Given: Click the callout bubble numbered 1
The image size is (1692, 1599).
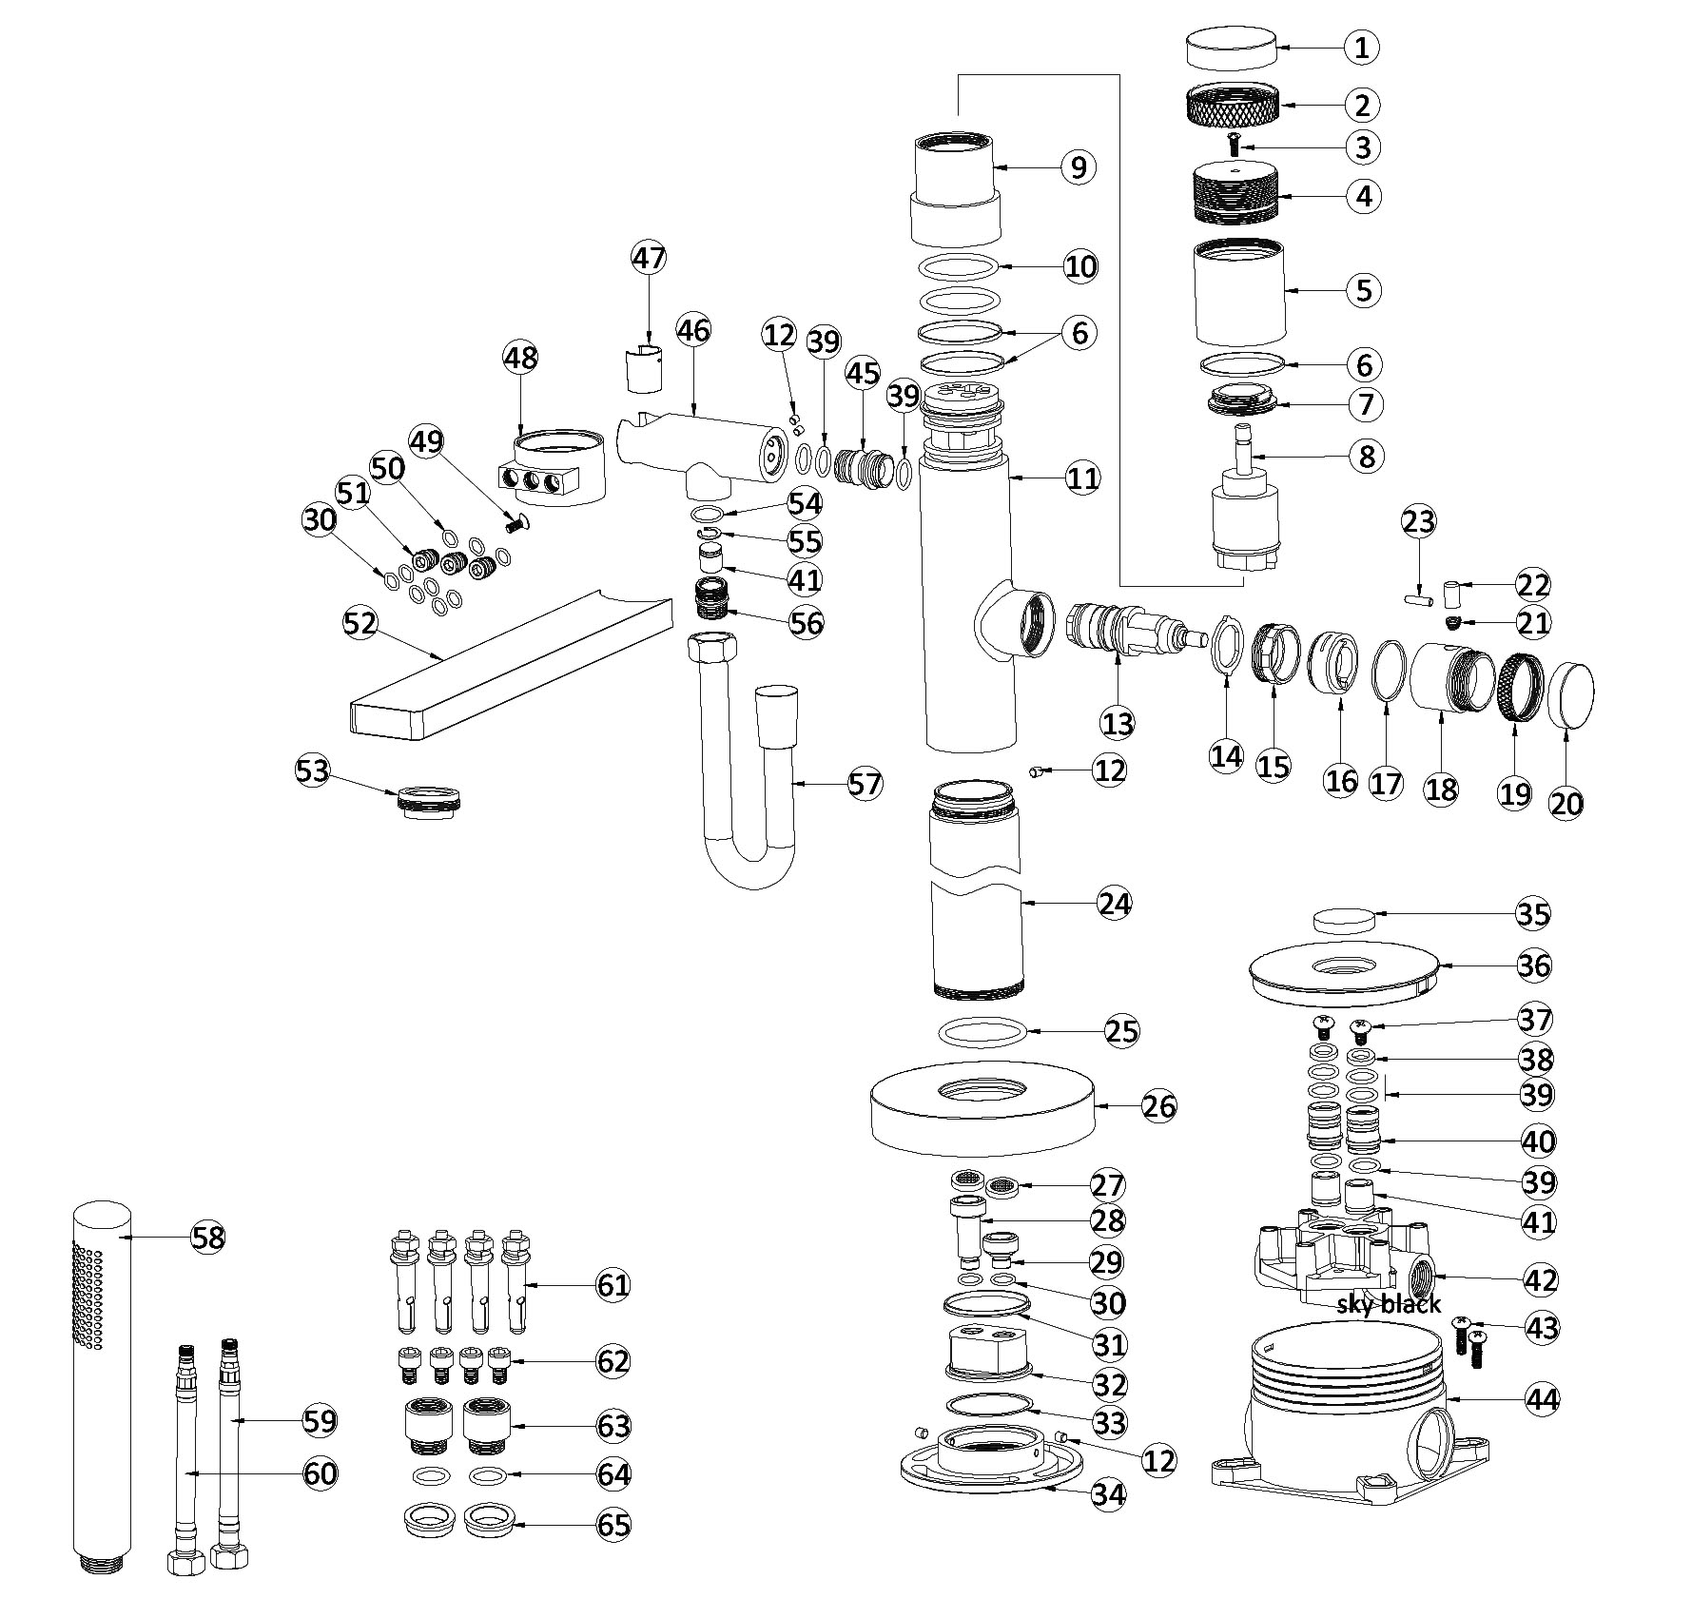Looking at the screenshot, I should point(1361,47).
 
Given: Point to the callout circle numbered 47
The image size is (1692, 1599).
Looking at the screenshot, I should point(650,259).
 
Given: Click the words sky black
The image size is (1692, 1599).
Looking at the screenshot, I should point(1389,1303).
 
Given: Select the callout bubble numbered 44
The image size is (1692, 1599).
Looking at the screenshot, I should point(1543,1399).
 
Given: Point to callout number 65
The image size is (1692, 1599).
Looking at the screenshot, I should point(613,1525).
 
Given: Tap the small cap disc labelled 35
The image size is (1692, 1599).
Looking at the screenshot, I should point(1344,920).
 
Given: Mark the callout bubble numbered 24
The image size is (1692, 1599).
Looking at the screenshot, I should point(1114,903).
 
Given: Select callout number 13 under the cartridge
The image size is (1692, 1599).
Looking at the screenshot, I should point(1118,724).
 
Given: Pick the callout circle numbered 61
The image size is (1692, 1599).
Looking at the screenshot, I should point(613,1286).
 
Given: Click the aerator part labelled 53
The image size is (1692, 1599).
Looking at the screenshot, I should point(430,799).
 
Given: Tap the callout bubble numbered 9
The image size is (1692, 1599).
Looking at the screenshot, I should point(1078,167).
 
